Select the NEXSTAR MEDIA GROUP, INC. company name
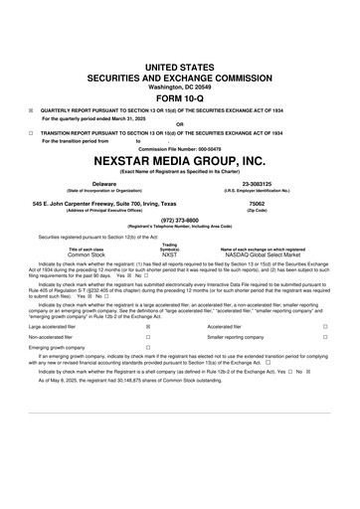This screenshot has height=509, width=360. pyautogui.click(x=180, y=160)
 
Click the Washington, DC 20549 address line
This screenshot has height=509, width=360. pyautogui.click(x=180, y=84)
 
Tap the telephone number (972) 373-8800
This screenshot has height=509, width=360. pyautogui.click(x=180, y=221)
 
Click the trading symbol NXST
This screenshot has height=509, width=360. pyautogui.click(x=170, y=254)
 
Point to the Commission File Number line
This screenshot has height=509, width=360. pyautogui.click(x=180, y=149)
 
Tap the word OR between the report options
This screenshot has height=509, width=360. pyautogui.click(x=180, y=124)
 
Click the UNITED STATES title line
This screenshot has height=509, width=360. pyautogui.click(x=180, y=64)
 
